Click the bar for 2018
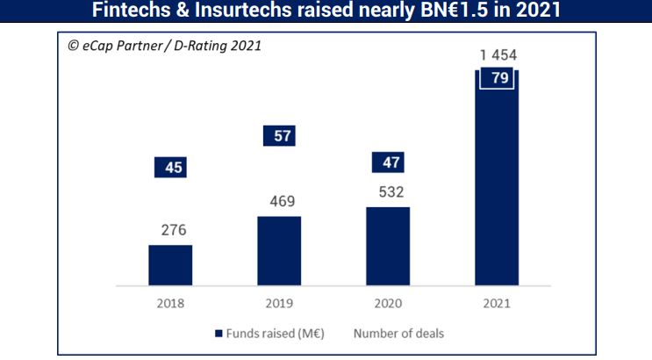coord(170,265)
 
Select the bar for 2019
coord(279,250)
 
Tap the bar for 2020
coord(388,246)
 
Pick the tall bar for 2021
coord(497,184)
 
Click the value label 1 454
coord(497,56)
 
